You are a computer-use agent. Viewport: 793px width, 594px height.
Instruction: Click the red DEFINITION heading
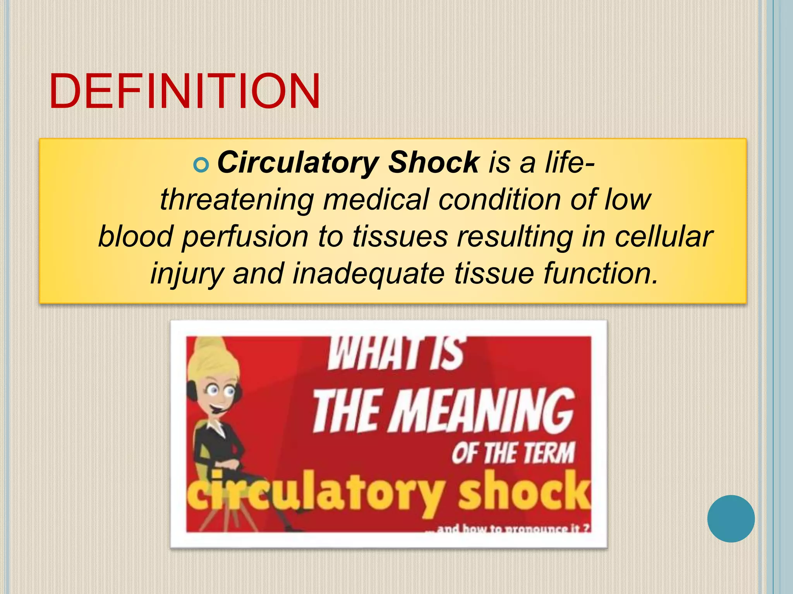[184, 91]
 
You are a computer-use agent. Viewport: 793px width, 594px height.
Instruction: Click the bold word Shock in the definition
[434, 162]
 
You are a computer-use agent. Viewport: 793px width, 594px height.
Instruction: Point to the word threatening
[237, 200]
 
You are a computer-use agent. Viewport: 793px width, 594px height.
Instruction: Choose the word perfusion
[245, 237]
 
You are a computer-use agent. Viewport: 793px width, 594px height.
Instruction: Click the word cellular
[663, 237]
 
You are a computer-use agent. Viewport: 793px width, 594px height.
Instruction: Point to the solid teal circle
[731, 519]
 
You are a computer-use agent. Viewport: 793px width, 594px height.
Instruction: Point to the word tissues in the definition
[400, 237]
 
